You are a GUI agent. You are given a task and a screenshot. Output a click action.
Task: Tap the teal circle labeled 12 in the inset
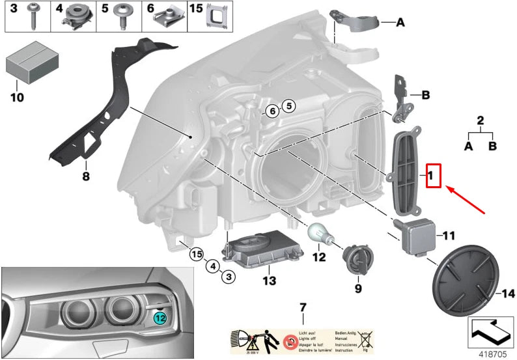coord(160,317)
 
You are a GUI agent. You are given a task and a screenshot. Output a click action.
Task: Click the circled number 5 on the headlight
coord(288,105)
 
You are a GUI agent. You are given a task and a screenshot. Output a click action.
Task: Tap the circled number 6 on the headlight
coord(273,111)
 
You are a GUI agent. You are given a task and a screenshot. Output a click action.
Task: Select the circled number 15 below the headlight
coord(196,254)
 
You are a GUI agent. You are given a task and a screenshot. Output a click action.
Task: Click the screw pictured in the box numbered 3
coord(32,16)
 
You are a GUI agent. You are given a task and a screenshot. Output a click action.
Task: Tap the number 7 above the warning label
coord(302,307)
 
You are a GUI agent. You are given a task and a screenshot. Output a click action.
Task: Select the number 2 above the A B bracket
coord(481,120)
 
